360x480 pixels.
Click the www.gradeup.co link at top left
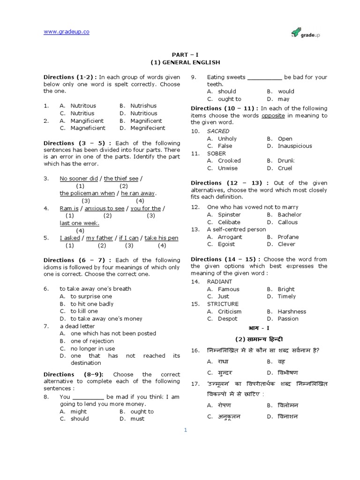(66, 31)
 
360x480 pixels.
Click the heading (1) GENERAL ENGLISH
(185, 62)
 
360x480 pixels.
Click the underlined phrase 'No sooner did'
(79, 179)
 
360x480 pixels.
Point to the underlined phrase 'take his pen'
(161, 238)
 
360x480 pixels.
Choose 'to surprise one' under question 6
(91, 296)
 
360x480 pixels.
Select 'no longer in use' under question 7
(93, 348)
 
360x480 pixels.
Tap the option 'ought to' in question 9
(230, 99)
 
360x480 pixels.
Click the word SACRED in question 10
(218, 131)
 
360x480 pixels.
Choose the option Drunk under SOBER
(286, 161)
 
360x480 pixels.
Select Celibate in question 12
(229, 222)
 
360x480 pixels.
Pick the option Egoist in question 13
(227, 244)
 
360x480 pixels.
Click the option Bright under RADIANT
(286, 289)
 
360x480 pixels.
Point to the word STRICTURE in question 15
(223, 304)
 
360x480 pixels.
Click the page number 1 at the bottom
(185, 430)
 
